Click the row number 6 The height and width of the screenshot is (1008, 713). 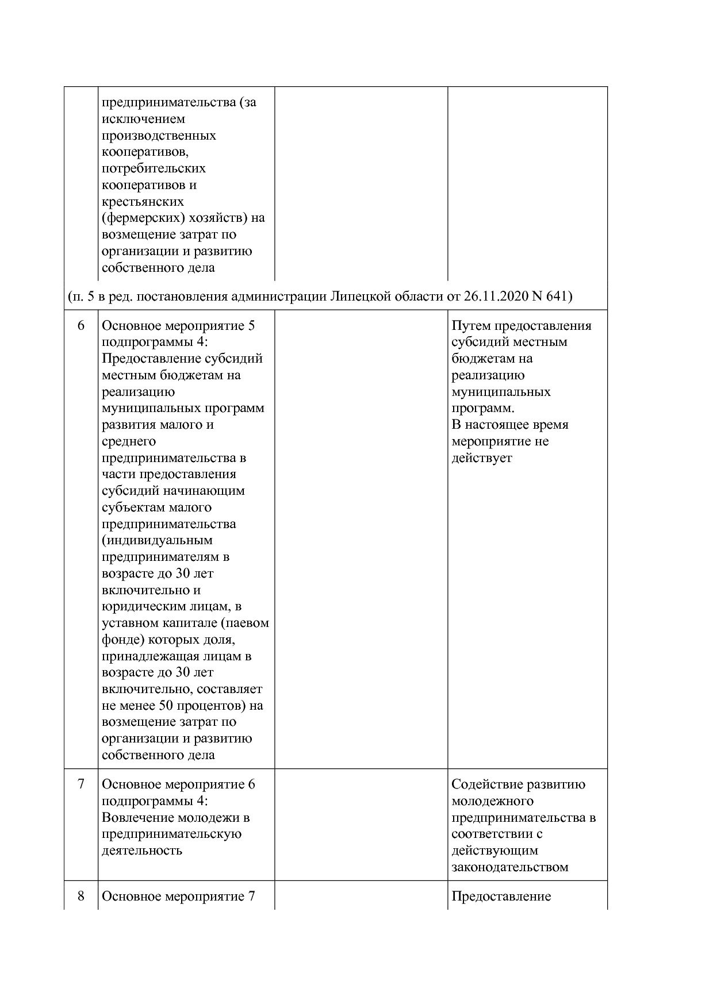click(80, 326)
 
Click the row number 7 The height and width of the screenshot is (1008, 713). click(80, 784)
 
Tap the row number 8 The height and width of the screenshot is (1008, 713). click(80, 896)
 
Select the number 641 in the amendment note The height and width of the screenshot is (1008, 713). click(557, 297)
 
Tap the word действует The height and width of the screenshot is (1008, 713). click(481, 458)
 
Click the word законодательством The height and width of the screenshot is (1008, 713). click(509, 867)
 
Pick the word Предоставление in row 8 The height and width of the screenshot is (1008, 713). click(501, 896)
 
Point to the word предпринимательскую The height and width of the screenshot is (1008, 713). click(171, 834)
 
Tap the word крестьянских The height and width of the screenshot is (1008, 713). click(143, 202)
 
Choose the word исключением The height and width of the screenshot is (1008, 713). click(143, 119)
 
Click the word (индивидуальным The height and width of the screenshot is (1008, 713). click(157, 540)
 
